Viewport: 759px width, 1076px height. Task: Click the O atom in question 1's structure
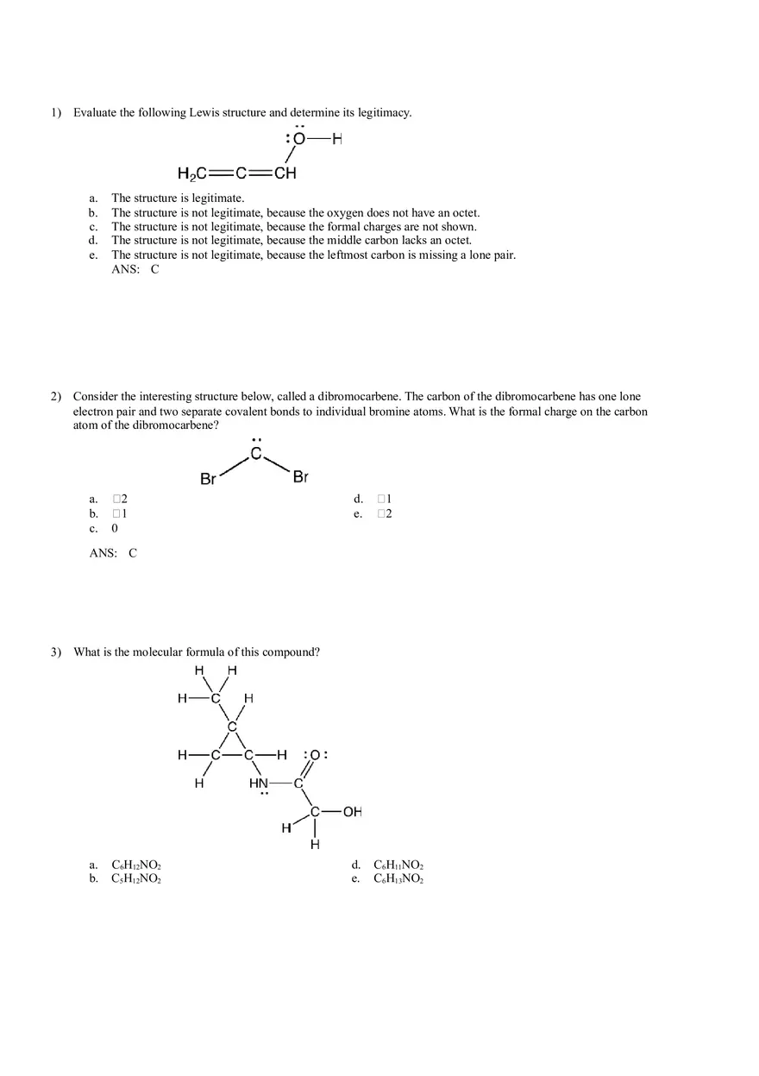point(299,140)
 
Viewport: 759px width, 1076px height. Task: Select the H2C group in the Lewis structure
point(191,173)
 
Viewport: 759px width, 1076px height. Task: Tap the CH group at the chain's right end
point(285,173)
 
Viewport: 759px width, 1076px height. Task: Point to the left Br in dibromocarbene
point(208,479)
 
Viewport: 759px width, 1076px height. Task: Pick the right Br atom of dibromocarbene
point(300,477)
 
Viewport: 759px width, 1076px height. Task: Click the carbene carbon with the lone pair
point(256,454)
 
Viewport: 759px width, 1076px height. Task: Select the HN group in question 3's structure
point(259,783)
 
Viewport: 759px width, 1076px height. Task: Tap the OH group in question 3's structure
point(352,812)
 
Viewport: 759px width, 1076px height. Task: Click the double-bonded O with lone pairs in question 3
point(315,755)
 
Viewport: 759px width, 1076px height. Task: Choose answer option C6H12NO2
point(136,865)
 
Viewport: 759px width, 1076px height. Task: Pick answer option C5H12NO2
point(136,878)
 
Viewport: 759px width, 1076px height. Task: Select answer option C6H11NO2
point(398,865)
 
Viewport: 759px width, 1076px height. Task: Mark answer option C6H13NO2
point(398,878)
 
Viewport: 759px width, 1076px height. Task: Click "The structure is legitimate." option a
point(178,198)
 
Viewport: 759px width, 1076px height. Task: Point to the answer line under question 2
point(113,553)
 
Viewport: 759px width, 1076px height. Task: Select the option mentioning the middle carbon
point(292,241)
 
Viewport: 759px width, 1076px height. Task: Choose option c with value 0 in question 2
point(115,528)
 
